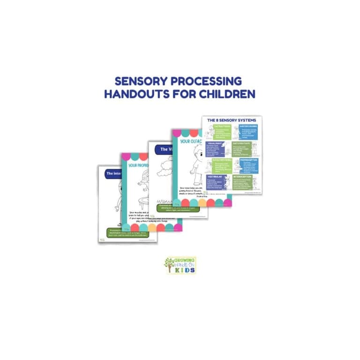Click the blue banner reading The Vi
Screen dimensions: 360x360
[162, 149]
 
